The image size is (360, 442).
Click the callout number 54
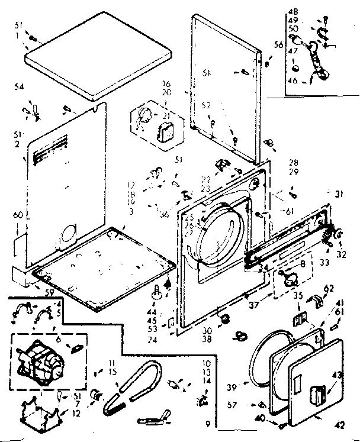(19, 88)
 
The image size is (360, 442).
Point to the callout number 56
(278, 44)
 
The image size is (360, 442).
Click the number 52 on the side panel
(205, 105)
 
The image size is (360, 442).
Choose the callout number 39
(232, 387)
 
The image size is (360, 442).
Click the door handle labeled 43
(318, 393)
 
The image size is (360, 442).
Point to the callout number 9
(208, 424)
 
